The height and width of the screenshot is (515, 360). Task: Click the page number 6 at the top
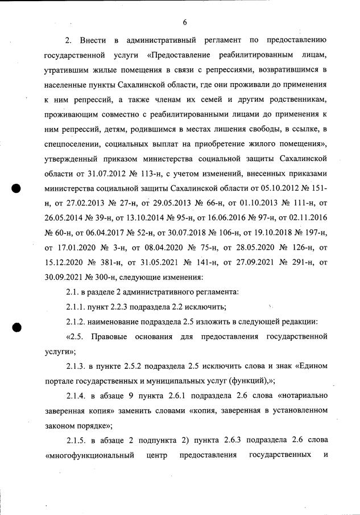[x=185, y=22]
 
